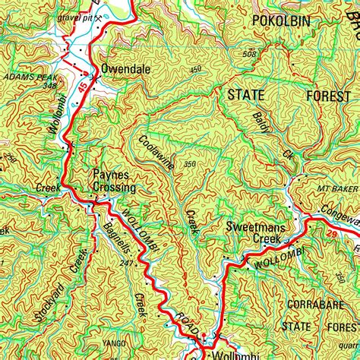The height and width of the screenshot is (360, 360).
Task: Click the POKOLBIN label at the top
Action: (281, 21)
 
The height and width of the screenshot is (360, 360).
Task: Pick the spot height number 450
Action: (197, 70)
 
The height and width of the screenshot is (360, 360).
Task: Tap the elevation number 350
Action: (189, 164)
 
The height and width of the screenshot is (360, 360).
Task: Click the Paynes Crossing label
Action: (114, 181)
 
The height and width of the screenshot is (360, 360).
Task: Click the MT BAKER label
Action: (336, 188)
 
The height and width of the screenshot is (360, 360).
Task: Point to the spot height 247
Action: (126, 263)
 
